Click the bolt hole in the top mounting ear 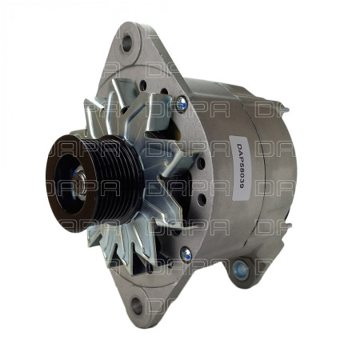pos(126,43)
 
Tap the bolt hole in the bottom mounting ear pos(137,305)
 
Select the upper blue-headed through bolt pos(182,102)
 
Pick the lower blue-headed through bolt pos(186,254)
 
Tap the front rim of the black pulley pos(60,184)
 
